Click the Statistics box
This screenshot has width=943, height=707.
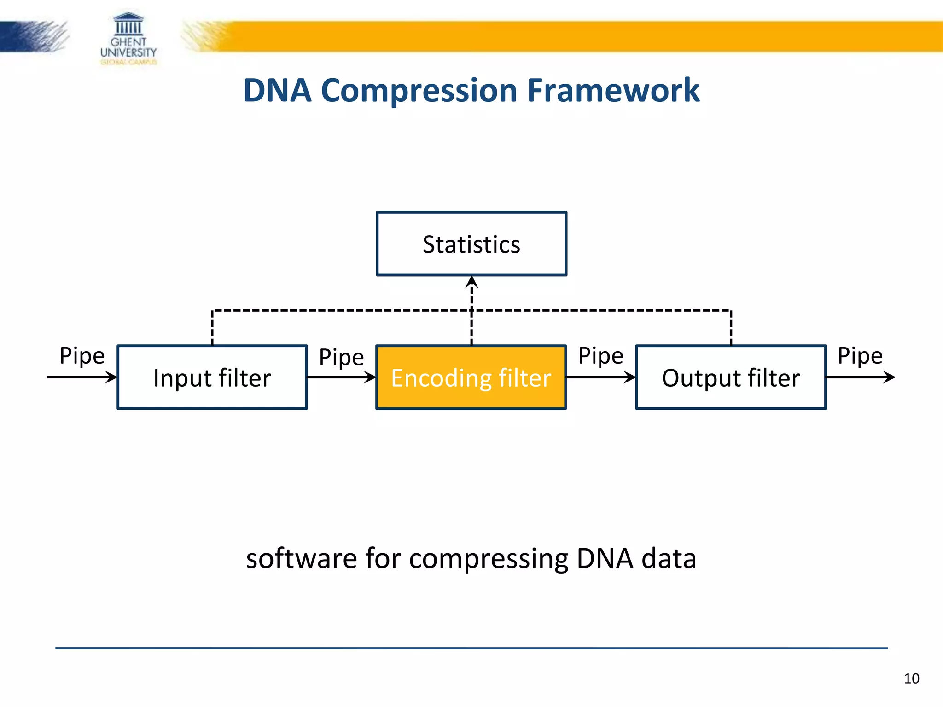click(x=471, y=244)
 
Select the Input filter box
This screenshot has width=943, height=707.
click(x=212, y=377)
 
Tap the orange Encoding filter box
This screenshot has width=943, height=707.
click(x=471, y=377)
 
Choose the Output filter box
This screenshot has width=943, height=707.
click(x=731, y=377)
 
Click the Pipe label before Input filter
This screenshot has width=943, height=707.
click(x=82, y=356)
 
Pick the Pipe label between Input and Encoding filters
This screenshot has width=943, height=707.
click(x=341, y=357)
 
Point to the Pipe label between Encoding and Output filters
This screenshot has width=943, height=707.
click(x=600, y=356)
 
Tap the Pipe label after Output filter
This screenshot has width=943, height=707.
click(x=860, y=356)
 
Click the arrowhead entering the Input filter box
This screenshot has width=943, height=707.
click(x=111, y=377)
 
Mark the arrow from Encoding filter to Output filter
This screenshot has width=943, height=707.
click(x=601, y=377)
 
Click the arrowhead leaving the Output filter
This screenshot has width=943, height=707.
click(x=890, y=377)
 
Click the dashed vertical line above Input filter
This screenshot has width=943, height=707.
click(x=212, y=328)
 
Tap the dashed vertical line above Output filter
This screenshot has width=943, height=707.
click(x=731, y=328)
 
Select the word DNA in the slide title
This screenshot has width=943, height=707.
click(x=277, y=90)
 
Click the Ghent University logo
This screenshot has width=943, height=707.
click(x=128, y=39)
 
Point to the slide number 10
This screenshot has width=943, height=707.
click(x=911, y=678)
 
